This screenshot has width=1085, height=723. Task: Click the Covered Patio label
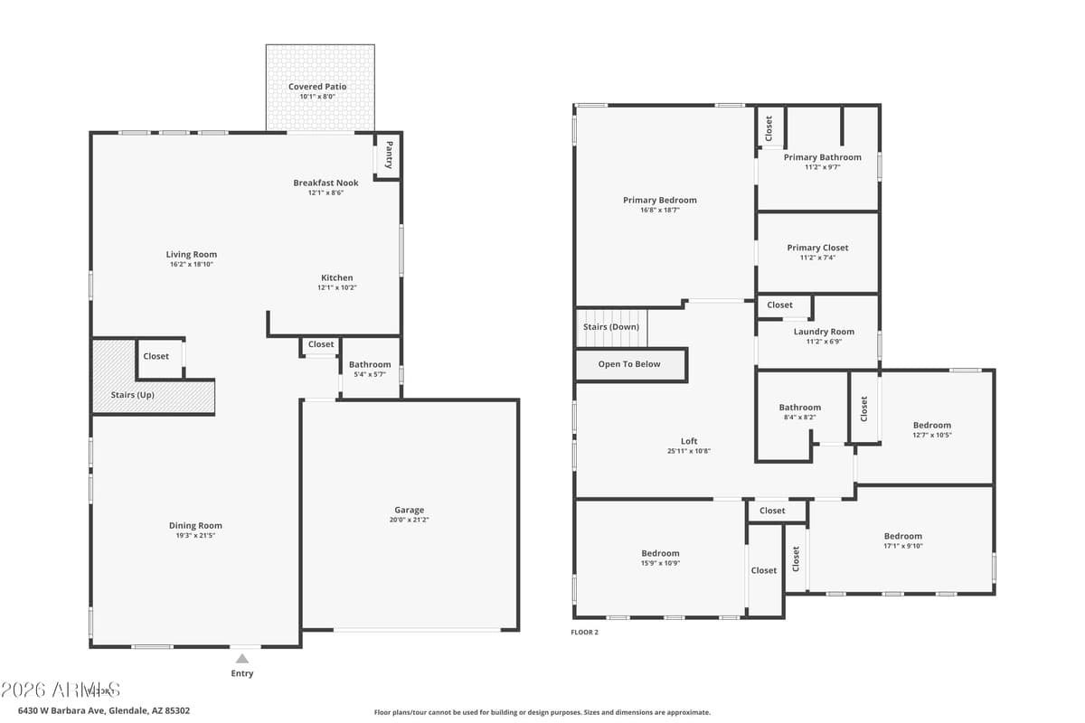[317, 87]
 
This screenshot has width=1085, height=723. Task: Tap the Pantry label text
[389, 155]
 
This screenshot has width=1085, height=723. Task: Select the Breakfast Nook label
[325, 183]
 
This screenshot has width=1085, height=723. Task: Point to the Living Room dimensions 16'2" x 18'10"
[192, 264]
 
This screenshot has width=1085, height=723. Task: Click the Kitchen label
[336, 277]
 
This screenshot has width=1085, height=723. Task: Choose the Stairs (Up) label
[132, 395]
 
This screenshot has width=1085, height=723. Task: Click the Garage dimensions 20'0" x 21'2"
[409, 520]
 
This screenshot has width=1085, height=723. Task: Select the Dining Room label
[195, 525]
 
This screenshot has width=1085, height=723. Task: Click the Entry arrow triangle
[242, 659]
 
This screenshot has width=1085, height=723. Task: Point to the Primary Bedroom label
[659, 200]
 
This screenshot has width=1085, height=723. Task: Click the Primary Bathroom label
[822, 157]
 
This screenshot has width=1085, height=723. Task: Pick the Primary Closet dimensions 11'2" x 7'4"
[817, 258]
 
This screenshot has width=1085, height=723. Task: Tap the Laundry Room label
[824, 332]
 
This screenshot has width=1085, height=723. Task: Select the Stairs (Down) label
[610, 326]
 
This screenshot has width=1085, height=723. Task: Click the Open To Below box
[630, 364]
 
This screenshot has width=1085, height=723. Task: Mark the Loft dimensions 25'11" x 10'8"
[689, 451]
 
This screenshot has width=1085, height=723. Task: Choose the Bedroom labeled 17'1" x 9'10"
[902, 536]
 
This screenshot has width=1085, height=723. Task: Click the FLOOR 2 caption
[584, 633]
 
